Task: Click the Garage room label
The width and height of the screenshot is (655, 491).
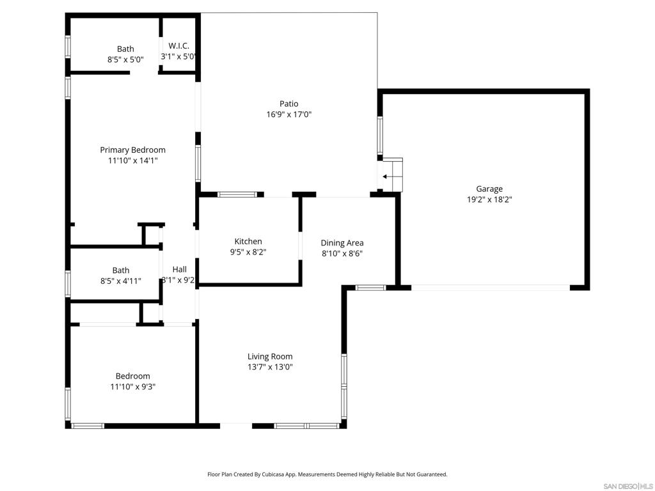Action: coord(489,189)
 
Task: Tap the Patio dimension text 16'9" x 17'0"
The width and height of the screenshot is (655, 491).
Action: coord(289,114)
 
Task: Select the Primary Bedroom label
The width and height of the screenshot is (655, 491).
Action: coord(132,150)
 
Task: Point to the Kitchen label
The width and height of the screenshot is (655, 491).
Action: coord(248,241)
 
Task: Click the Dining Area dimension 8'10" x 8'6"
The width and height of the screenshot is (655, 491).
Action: coord(342,253)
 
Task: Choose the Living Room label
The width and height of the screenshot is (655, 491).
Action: coord(270,357)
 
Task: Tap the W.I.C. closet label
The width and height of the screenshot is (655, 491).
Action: coord(179,46)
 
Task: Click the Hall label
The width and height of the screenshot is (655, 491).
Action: coord(180,269)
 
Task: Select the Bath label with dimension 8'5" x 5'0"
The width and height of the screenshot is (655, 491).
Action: coord(125,49)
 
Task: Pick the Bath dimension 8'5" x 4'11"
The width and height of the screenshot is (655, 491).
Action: coord(121,281)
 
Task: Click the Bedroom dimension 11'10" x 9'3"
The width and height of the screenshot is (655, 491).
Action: coord(133,387)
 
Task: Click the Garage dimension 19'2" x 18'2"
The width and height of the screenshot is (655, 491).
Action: coord(489,199)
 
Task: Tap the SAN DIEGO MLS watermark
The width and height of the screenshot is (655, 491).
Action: coord(628,486)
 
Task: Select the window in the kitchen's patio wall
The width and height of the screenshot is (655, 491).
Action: coord(237,194)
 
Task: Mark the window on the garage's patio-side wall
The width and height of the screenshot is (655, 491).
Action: coord(380,136)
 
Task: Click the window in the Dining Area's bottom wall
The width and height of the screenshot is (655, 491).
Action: coord(370,288)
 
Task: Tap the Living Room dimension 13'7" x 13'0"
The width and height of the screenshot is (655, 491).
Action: coord(270,367)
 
